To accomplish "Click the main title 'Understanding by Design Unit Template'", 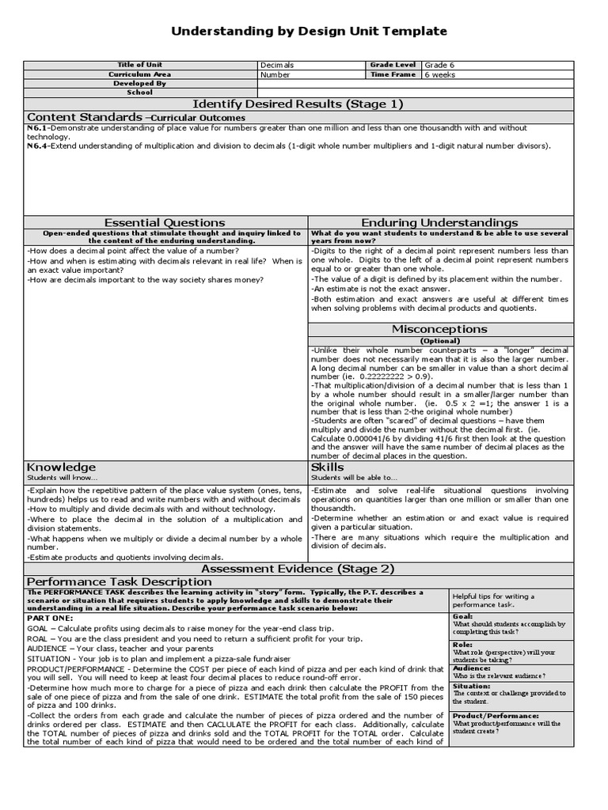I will (310, 31).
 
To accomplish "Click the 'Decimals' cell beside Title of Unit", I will (277, 65).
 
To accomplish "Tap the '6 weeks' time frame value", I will (441, 74).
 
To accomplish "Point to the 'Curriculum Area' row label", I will (139, 74).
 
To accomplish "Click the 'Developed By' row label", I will (139, 83).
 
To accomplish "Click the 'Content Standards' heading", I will (84, 117).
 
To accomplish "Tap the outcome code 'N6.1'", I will (37, 127).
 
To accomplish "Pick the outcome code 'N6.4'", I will (37, 146).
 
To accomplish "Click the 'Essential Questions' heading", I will (165, 222).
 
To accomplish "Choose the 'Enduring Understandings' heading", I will (439, 222).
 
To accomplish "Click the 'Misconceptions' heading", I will (439, 329).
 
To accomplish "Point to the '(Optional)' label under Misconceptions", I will (439, 341).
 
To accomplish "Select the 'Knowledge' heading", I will (61, 467).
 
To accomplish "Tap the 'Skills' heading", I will (327, 467).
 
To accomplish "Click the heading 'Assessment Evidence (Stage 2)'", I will (298, 568).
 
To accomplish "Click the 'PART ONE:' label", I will (50, 617).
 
